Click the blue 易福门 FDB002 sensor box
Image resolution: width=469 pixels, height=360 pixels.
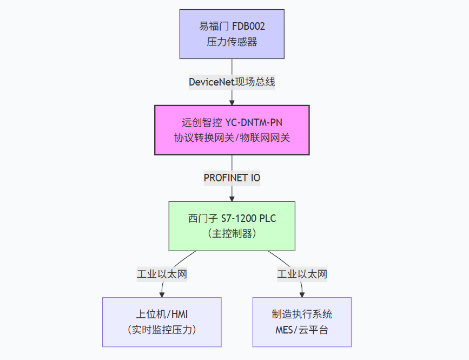click(x=232, y=34)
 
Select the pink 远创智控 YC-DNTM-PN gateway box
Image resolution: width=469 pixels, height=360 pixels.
click(x=232, y=130)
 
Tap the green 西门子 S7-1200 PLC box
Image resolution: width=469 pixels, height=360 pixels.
click(x=232, y=226)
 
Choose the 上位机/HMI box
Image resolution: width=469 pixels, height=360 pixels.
click(x=162, y=322)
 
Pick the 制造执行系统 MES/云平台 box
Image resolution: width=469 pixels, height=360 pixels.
click(x=302, y=322)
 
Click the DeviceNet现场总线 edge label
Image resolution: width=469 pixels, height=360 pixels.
click(x=232, y=82)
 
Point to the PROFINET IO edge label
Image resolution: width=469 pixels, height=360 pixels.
click(x=232, y=178)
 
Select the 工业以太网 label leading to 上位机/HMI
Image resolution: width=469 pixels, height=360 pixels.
click(x=162, y=274)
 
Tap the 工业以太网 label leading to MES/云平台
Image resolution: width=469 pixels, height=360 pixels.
click(x=302, y=274)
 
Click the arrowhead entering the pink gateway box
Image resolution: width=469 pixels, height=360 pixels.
click(x=232, y=102)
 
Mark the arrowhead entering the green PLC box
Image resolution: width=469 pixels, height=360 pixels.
click(x=232, y=198)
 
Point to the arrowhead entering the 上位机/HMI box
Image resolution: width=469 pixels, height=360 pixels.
click(x=162, y=294)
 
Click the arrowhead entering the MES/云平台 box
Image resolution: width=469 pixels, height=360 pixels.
click(x=302, y=294)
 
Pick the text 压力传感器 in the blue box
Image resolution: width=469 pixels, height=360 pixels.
click(x=232, y=42)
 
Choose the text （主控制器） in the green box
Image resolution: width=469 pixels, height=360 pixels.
click(x=232, y=234)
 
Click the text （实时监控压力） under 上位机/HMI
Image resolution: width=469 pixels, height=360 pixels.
click(x=162, y=330)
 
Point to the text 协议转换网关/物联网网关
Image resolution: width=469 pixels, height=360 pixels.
click(x=232, y=138)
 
